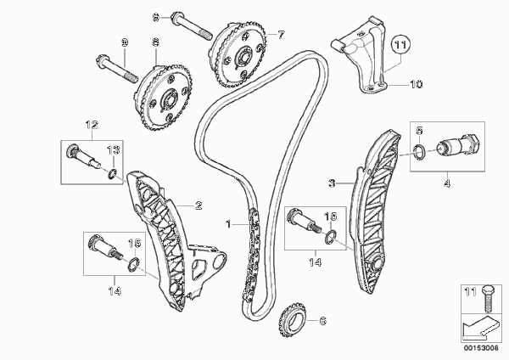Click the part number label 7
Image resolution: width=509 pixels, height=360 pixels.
(281, 35)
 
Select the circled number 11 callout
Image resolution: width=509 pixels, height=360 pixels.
(400, 45)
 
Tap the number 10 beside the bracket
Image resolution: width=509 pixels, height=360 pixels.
(417, 84)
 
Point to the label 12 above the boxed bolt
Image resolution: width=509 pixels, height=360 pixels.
(92, 125)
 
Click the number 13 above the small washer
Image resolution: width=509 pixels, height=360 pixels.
(114, 150)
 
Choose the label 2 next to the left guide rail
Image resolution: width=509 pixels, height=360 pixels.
(199, 205)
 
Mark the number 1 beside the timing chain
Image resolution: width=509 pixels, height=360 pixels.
(228, 224)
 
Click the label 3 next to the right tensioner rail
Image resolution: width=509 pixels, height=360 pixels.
(332, 183)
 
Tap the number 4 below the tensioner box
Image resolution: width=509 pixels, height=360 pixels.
(447, 183)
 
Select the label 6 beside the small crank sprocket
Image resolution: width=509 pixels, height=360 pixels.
(322, 321)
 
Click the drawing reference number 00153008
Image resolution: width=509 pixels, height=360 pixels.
(481, 348)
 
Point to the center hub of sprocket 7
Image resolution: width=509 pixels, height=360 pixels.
(243, 59)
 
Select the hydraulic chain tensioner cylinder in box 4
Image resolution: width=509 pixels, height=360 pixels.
(458, 145)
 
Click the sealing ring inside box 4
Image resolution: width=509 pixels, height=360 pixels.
(420, 152)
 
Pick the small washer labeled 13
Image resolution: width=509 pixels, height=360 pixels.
(112, 174)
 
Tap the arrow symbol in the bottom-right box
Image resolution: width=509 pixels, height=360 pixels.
(480, 328)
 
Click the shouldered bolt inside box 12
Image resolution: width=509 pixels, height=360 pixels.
(84, 156)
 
